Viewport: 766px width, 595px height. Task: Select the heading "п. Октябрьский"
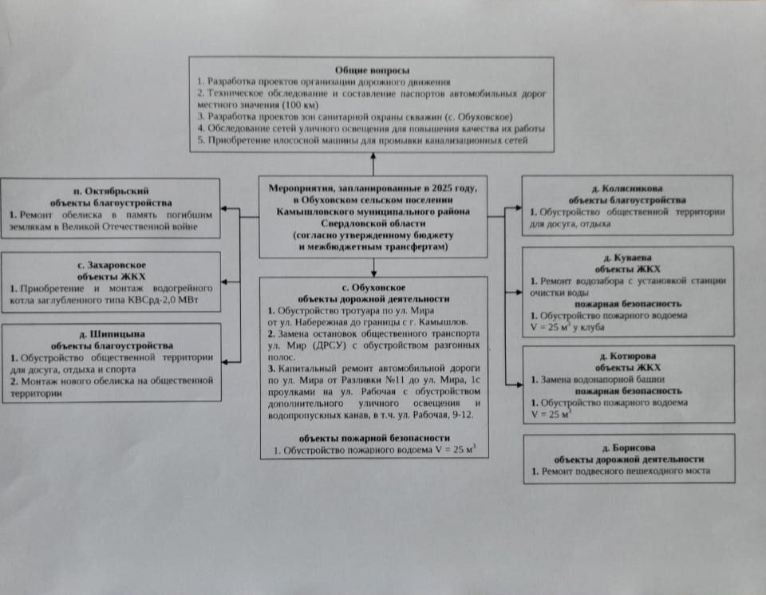[x=111, y=191]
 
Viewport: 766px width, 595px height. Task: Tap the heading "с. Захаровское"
[x=112, y=264]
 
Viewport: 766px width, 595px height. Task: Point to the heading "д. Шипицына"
[x=112, y=334]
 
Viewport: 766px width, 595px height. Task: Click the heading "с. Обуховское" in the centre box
[x=373, y=286]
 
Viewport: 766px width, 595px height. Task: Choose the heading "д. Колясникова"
[x=627, y=189]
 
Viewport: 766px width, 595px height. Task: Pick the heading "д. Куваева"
[x=627, y=258]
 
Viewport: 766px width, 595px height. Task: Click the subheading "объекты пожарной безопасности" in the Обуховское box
[x=374, y=438]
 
